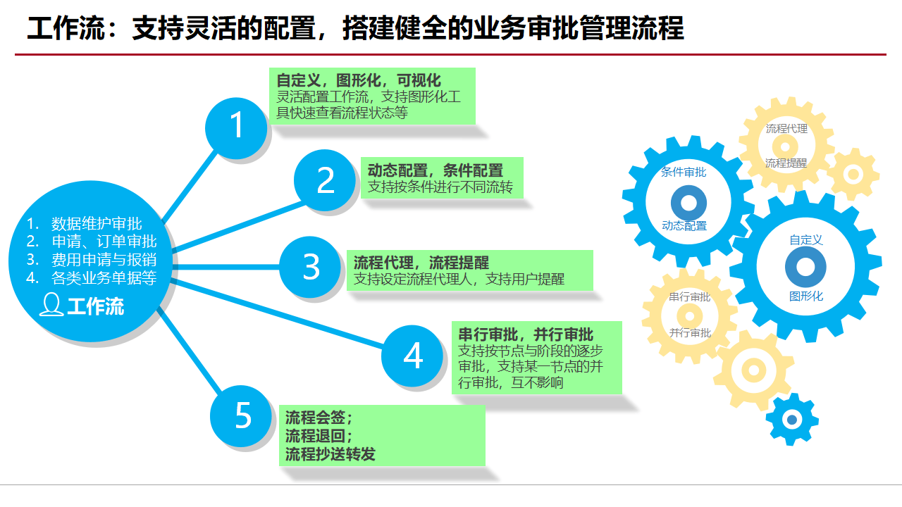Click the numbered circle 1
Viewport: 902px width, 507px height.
click(236, 127)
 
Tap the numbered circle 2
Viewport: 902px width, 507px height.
click(325, 181)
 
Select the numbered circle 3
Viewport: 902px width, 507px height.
click(311, 268)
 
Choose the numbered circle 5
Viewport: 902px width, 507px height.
click(242, 415)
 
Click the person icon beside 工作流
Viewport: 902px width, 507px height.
click(51, 306)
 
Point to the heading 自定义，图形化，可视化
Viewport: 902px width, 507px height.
click(358, 80)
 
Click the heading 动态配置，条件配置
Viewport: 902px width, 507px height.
click(435, 170)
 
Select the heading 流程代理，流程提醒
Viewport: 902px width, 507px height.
click(421, 263)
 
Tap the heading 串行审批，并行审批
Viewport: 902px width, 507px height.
click(526, 334)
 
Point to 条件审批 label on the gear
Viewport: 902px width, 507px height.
click(684, 172)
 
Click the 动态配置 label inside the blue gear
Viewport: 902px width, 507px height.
click(684, 226)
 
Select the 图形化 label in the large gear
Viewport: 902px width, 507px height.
click(806, 296)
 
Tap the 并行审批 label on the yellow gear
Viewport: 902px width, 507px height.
click(690, 333)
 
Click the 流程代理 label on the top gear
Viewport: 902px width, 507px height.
click(786, 129)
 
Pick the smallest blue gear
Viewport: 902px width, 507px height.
click(791, 420)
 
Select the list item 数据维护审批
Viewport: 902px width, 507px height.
click(97, 224)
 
